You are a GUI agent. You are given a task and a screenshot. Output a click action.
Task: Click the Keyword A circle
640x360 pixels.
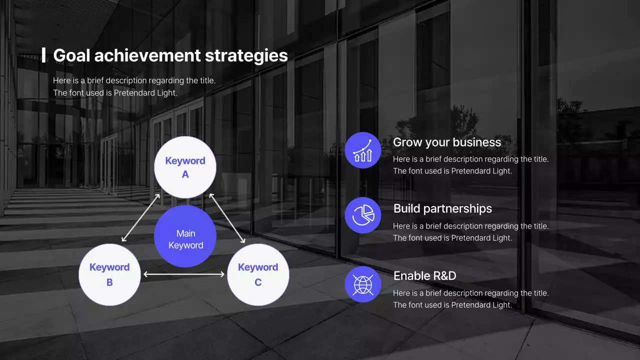tap(185, 167)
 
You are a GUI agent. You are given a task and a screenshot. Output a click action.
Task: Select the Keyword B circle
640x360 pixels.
tap(109, 274)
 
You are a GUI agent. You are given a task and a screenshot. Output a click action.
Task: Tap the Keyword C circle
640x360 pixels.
tap(258, 274)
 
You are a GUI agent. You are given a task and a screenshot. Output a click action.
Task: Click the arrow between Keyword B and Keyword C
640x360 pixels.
tap(184, 274)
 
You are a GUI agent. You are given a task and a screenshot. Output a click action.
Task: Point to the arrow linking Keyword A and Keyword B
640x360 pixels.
tap(140, 218)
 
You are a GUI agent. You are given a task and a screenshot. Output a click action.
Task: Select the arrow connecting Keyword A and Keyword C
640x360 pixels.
tap(227, 218)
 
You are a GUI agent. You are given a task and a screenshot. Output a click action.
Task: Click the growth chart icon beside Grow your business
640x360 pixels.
tap(363, 150)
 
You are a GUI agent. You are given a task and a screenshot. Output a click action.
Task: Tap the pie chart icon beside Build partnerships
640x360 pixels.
tap(363, 215)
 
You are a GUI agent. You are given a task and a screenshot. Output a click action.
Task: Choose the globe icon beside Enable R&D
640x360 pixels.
tap(363, 284)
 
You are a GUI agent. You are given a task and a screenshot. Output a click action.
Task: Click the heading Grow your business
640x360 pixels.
tap(446, 142)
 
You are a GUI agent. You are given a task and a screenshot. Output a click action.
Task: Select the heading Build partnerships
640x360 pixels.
tap(442, 208)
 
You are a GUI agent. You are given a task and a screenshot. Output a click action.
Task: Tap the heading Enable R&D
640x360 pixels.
tap(424, 275)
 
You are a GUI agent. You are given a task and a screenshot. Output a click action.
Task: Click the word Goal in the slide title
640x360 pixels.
tap(71, 55)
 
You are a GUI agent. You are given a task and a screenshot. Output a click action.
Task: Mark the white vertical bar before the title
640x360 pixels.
tap(44, 55)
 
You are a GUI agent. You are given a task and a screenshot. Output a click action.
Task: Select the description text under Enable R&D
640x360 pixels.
tap(470, 299)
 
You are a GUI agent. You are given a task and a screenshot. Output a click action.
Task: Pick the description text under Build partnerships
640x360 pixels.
tap(470, 232)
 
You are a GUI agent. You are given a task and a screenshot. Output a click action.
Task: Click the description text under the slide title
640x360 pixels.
tap(134, 86)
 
